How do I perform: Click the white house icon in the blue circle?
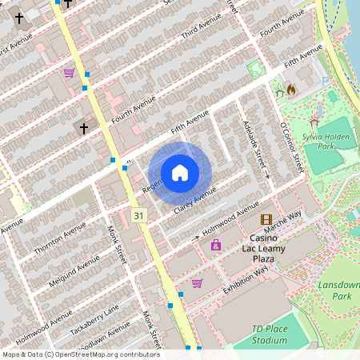(x=180, y=173)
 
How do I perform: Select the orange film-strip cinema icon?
(x=266, y=219)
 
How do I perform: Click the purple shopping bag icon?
(x=216, y=245)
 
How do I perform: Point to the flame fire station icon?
(x=291, y=90)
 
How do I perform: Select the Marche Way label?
(x=283, y=220)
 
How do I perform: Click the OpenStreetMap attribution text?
(x=80, y=354)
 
